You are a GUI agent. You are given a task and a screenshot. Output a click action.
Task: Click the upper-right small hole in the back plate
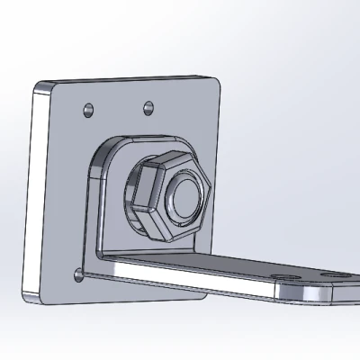[x=148, y=109]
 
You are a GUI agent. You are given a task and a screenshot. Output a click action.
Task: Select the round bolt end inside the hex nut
[x=186, y=196]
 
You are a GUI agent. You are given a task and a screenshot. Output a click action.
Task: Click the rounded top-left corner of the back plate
[x=41, y=87]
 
